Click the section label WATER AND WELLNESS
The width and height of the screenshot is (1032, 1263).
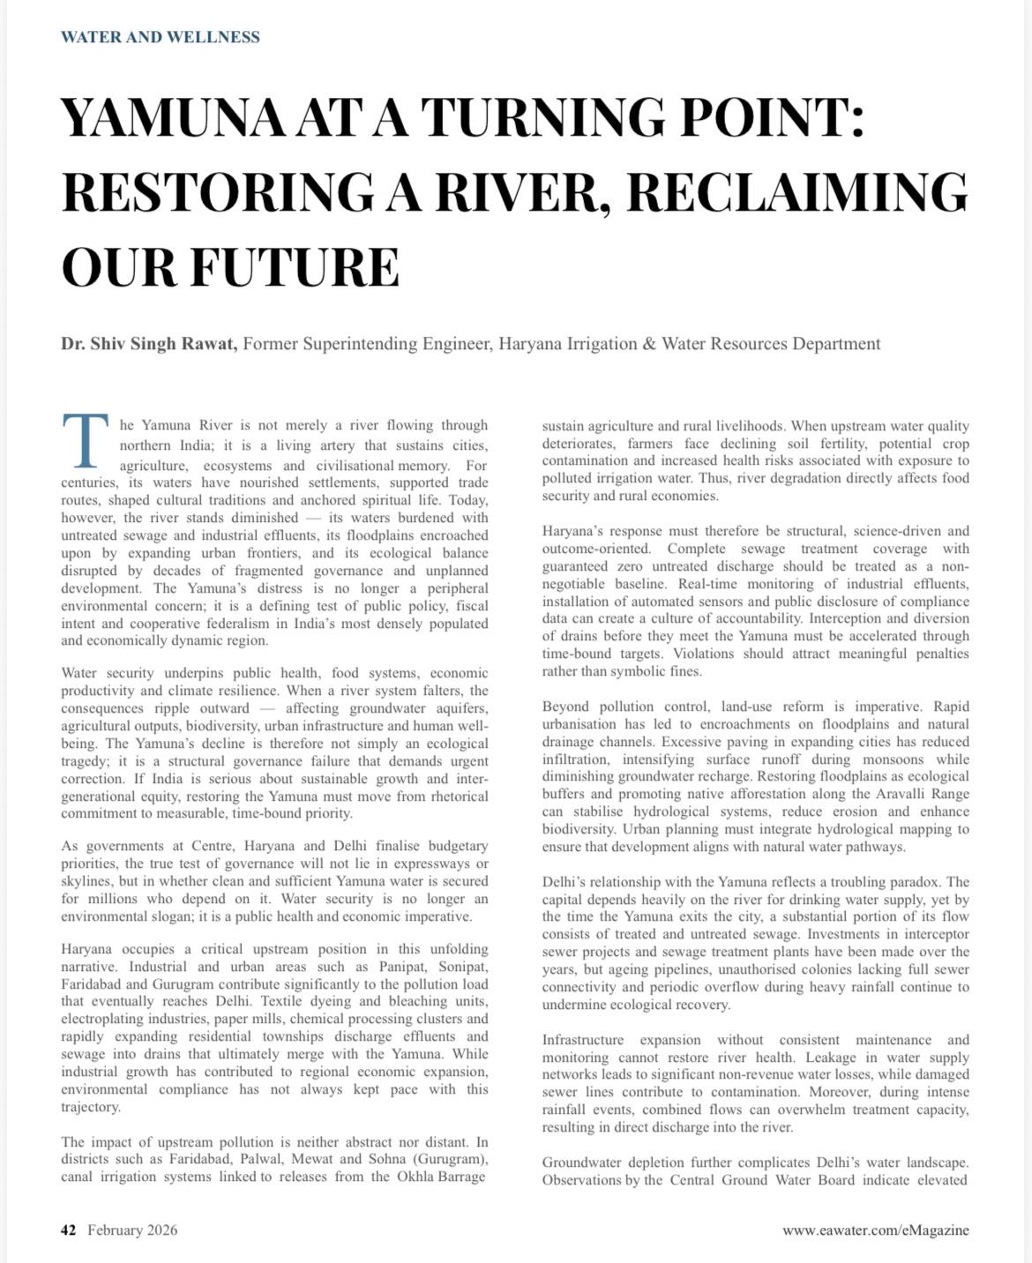[161, 37]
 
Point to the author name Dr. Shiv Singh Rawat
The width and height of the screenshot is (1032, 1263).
[149, 344]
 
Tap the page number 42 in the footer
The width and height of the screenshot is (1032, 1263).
[69, 1229]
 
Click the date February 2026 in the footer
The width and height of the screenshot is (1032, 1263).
[132, 1229]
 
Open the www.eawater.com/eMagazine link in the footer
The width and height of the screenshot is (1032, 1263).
[875, 1229]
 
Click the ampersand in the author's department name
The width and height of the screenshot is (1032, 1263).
[648, 344]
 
